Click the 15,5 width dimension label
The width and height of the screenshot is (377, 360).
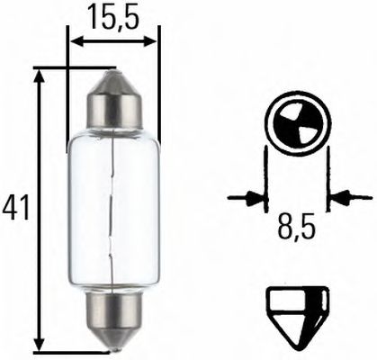tap(113, 16)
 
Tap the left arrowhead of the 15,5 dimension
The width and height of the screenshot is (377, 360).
tap(76, 40)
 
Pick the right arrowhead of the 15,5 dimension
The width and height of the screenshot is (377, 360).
tap(152, 40)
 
